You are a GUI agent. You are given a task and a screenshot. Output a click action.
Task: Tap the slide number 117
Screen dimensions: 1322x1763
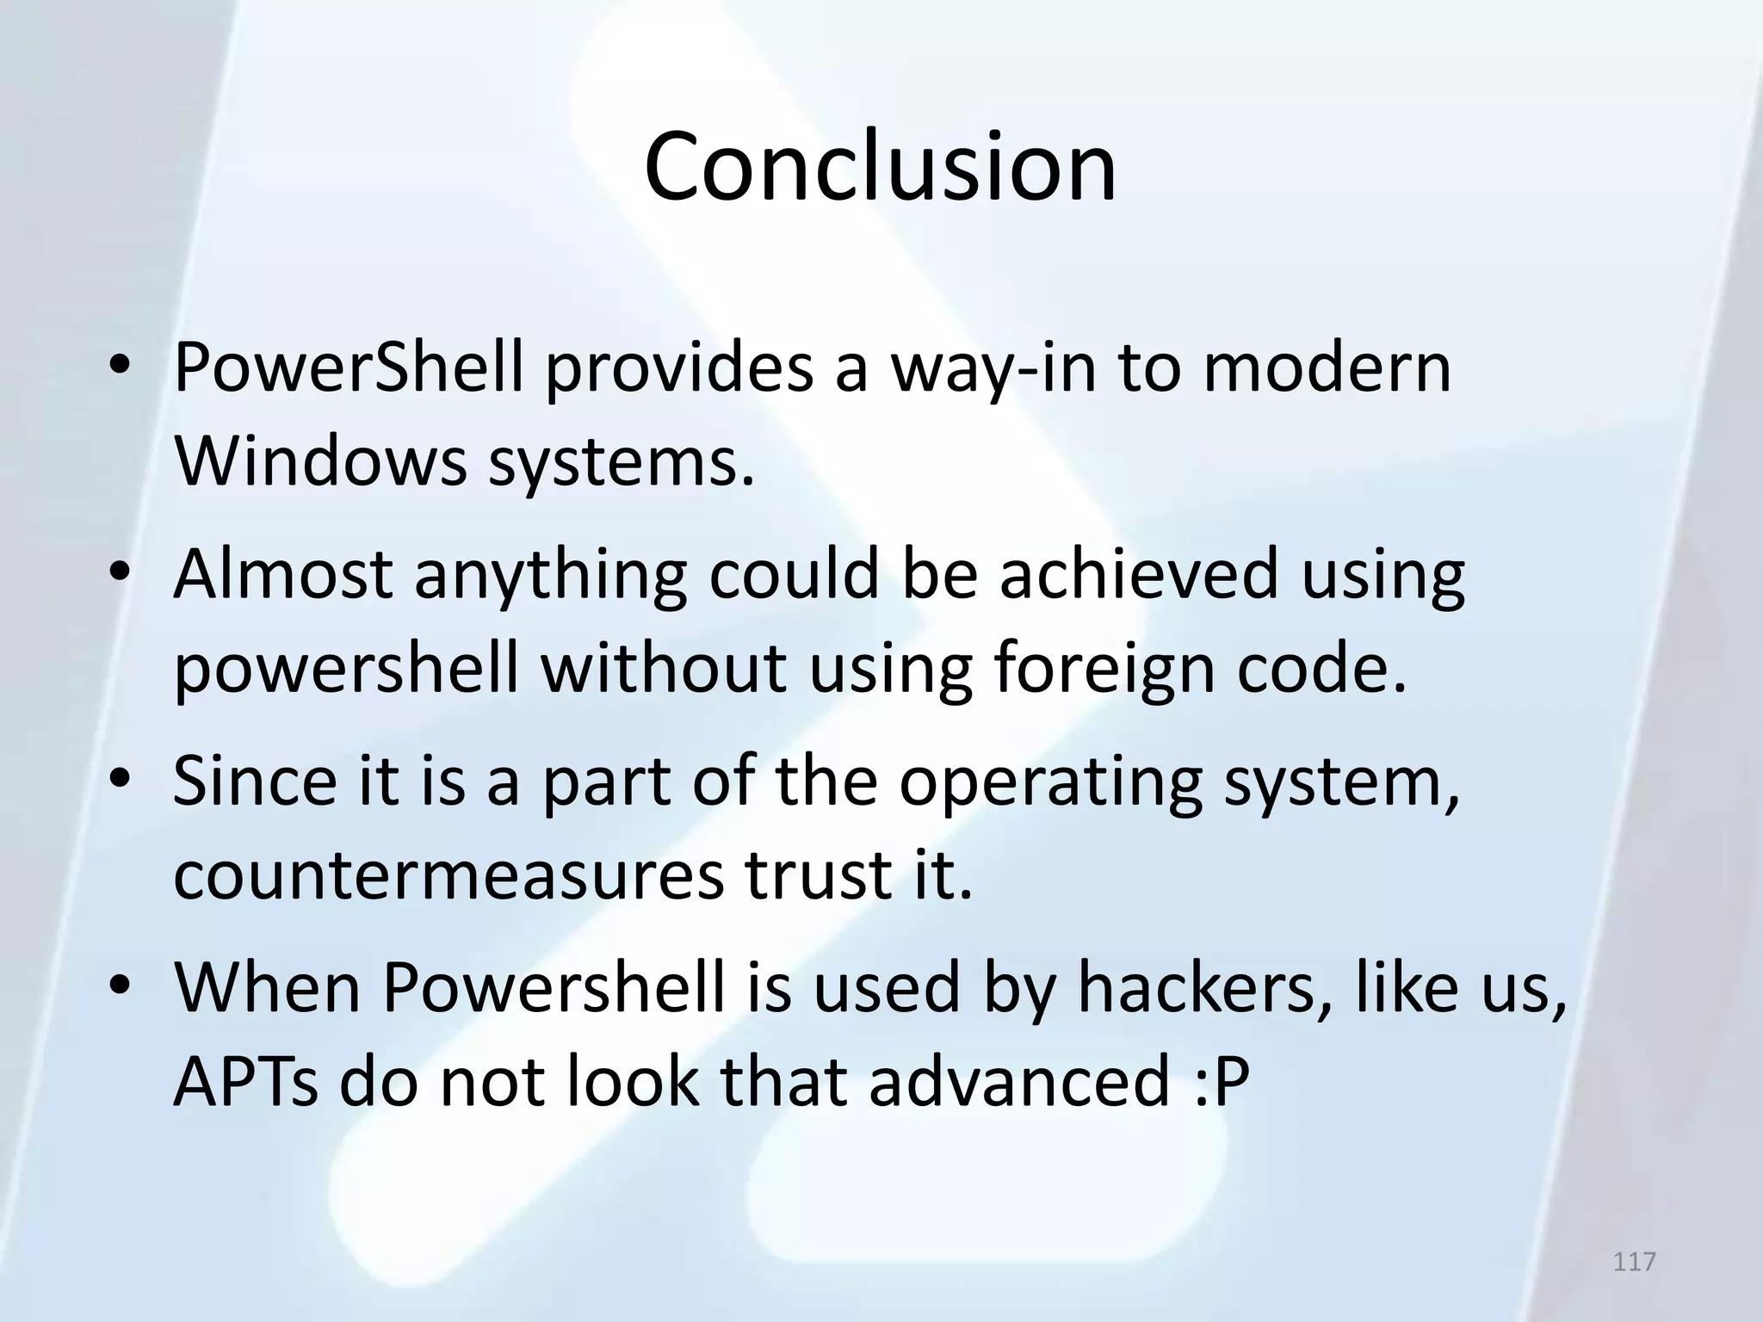pyautogui.click(x=1634, y=1262)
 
